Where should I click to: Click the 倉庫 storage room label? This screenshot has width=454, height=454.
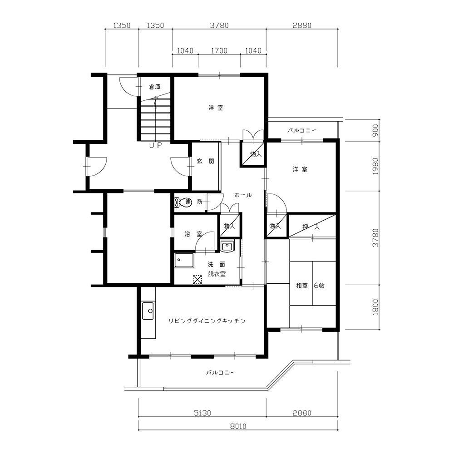tap(155, 87)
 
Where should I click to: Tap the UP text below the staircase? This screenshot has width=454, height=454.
tap(155, 145)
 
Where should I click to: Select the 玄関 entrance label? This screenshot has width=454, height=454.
tap(205, 161)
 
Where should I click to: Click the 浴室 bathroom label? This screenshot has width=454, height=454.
tap(193, 234)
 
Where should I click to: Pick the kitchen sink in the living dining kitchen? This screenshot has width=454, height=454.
tap(148, 311)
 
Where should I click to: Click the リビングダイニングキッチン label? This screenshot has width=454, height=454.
tap(207, 321)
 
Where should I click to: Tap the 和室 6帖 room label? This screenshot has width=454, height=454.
tap(310, 286)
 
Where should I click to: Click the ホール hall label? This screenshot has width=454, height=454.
tap(243, 195)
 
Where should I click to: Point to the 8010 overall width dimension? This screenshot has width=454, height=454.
tap(238, 426)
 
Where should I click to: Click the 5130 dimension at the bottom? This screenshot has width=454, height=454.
tap(202, 413)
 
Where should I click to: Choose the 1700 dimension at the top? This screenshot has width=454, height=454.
tap(219, 51)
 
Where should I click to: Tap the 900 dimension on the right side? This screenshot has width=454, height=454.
tap(375, 130)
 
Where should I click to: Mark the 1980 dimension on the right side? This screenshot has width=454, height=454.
tap(375, 166)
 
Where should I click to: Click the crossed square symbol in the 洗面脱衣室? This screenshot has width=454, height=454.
tap(197, 279)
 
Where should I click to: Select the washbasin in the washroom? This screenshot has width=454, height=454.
tap(227, 247)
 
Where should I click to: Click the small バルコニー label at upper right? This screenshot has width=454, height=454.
tap(302, 130)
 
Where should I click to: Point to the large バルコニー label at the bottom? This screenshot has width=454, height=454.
tap(221, 372)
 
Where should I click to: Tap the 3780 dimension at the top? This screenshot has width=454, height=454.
tap(219, 25)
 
